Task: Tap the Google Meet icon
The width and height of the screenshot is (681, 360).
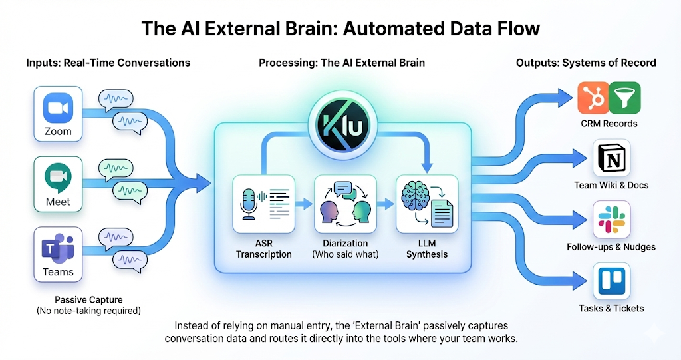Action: [x=58, y=178]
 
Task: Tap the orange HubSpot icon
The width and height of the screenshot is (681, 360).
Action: [x=592, y=98]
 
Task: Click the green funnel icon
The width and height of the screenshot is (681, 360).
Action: [x=624, y=98]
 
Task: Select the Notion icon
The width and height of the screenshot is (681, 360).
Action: [x=611, y=161]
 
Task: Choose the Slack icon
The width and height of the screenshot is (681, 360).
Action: [x=611, y=222]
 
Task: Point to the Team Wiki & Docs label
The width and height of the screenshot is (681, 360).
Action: [x=611, y=185]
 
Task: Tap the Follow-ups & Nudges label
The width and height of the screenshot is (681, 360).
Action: [x=611, y=247]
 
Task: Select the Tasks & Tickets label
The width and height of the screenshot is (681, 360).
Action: [x=611, y=308]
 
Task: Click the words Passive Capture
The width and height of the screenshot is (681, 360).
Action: [x=88, y=299]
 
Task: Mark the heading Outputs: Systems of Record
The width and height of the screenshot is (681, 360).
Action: [x=586, y=63]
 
